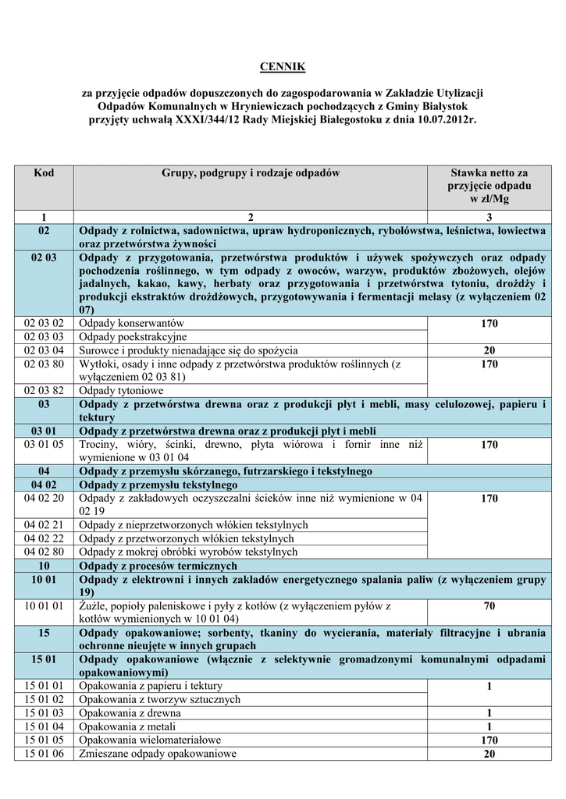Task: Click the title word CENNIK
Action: click(x=283, y=68)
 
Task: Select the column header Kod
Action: click(x=44, y=172)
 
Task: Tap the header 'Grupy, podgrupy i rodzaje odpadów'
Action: click(x=251, y=172)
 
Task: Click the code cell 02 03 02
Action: click(x=44, y=323)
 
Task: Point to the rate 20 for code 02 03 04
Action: click(x=489, y=350)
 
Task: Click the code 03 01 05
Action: click(x=44, y=445)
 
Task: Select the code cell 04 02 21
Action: click(x=44, y=525)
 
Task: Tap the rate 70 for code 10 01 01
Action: click(x=489, y=605)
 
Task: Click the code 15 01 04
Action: click(x=44, y=726)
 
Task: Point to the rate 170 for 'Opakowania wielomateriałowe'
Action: click(x=489, y=740)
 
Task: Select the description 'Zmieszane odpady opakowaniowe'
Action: click(x=158, y=754)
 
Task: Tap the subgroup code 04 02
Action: click(x=44, y=485)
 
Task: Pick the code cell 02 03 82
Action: click(x=44, y=390)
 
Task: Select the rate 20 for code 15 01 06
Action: click(x=489, y=754)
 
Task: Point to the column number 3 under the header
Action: click(x=489, y=216)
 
